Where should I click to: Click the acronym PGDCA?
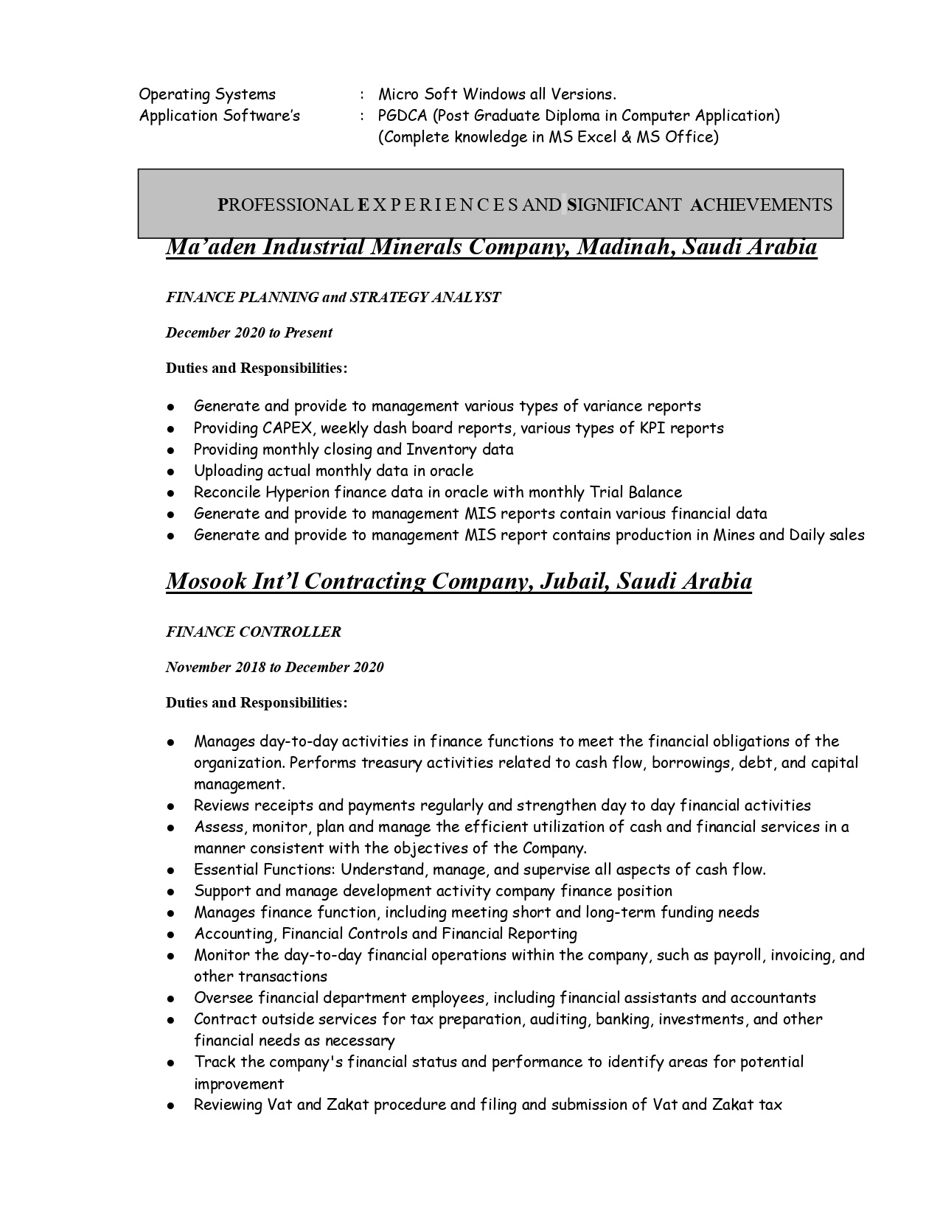coord(402,116)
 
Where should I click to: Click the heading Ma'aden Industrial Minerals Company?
coord(491,247)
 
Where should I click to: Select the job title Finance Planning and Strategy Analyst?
coord(333,298)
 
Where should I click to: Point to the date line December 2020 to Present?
coord(249,333)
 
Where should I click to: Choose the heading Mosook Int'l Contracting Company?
coord(459,581)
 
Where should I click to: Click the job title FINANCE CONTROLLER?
coord(254,632)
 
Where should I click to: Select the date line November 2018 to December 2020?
coord(274,668)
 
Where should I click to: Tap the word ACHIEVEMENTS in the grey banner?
coord(762,205)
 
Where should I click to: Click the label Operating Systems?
coord(207,94)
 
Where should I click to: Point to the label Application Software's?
coord(220,116)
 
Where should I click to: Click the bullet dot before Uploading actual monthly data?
coord(171,472)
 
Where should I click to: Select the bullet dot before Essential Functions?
coord(171,871)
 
